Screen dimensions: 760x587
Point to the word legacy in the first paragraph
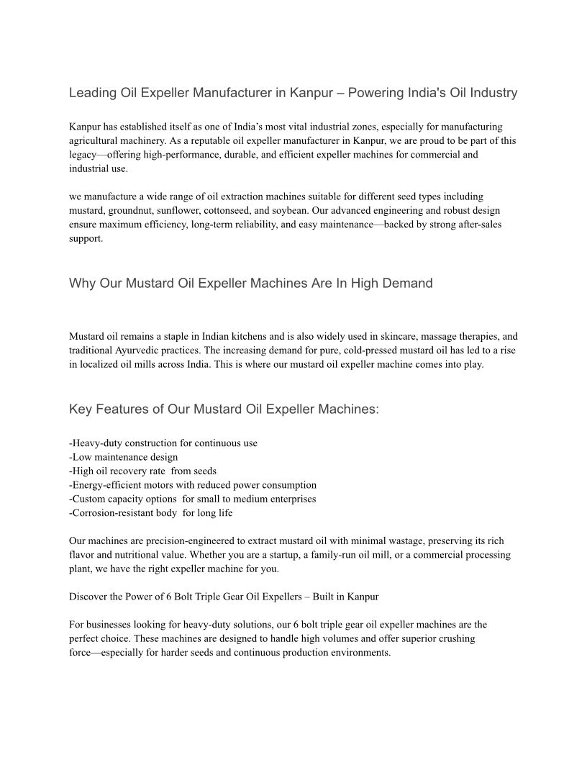[x=83, y=155]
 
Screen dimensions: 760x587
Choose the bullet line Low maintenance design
[x=124, y=457]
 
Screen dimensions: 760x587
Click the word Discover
[x=88, y=597]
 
